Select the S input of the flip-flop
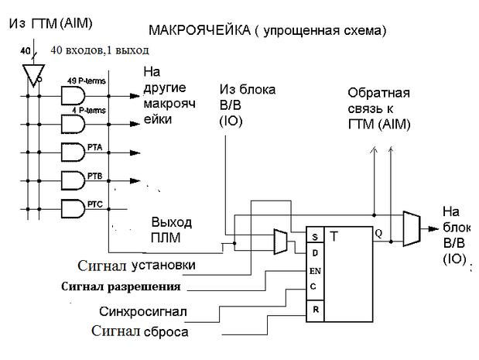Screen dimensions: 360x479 click(x=313, y=236)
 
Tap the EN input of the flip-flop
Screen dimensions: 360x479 click(x=314, y=271)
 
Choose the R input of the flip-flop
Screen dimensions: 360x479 click(x=313, y=310)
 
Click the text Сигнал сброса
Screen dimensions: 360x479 click(x=140, y=332)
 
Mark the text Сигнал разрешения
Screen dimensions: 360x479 click(x=121, y=286)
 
